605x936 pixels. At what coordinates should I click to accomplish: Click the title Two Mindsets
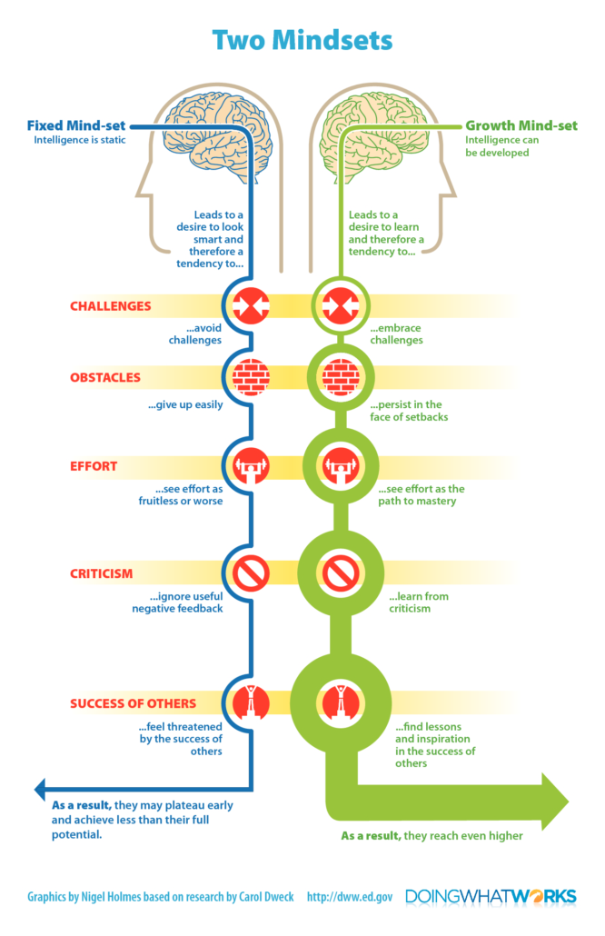[302, 41]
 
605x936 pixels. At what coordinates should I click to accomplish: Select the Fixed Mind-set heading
[76, 125]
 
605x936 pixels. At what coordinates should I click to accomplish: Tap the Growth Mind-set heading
[521, 125]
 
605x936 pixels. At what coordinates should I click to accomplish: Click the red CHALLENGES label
[111, 306]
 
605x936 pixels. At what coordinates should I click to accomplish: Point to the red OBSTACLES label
[105, 377]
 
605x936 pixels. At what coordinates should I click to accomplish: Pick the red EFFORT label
[94, 466]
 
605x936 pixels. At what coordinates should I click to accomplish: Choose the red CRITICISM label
[102, 573]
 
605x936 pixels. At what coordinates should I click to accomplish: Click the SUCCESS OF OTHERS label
[133, 703]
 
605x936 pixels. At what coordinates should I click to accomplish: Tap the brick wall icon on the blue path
[252, 377]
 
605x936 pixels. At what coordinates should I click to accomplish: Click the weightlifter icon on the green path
[341, 466]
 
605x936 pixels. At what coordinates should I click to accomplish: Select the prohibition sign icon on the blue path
[252, 573]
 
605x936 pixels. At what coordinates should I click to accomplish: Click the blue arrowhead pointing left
[40, 789]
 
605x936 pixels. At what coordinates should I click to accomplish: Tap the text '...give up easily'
[185, 404]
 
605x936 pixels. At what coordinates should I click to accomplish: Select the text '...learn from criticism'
[419, 602]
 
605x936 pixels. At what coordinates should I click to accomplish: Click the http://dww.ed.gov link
[350, 897]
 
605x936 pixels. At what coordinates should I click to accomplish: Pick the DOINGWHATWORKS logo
[491, 897]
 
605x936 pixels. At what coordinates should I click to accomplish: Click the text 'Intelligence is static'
[80, 140]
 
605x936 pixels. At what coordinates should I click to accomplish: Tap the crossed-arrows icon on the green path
[341, 305]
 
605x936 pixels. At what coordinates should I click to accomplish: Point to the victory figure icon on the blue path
[252, 702]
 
